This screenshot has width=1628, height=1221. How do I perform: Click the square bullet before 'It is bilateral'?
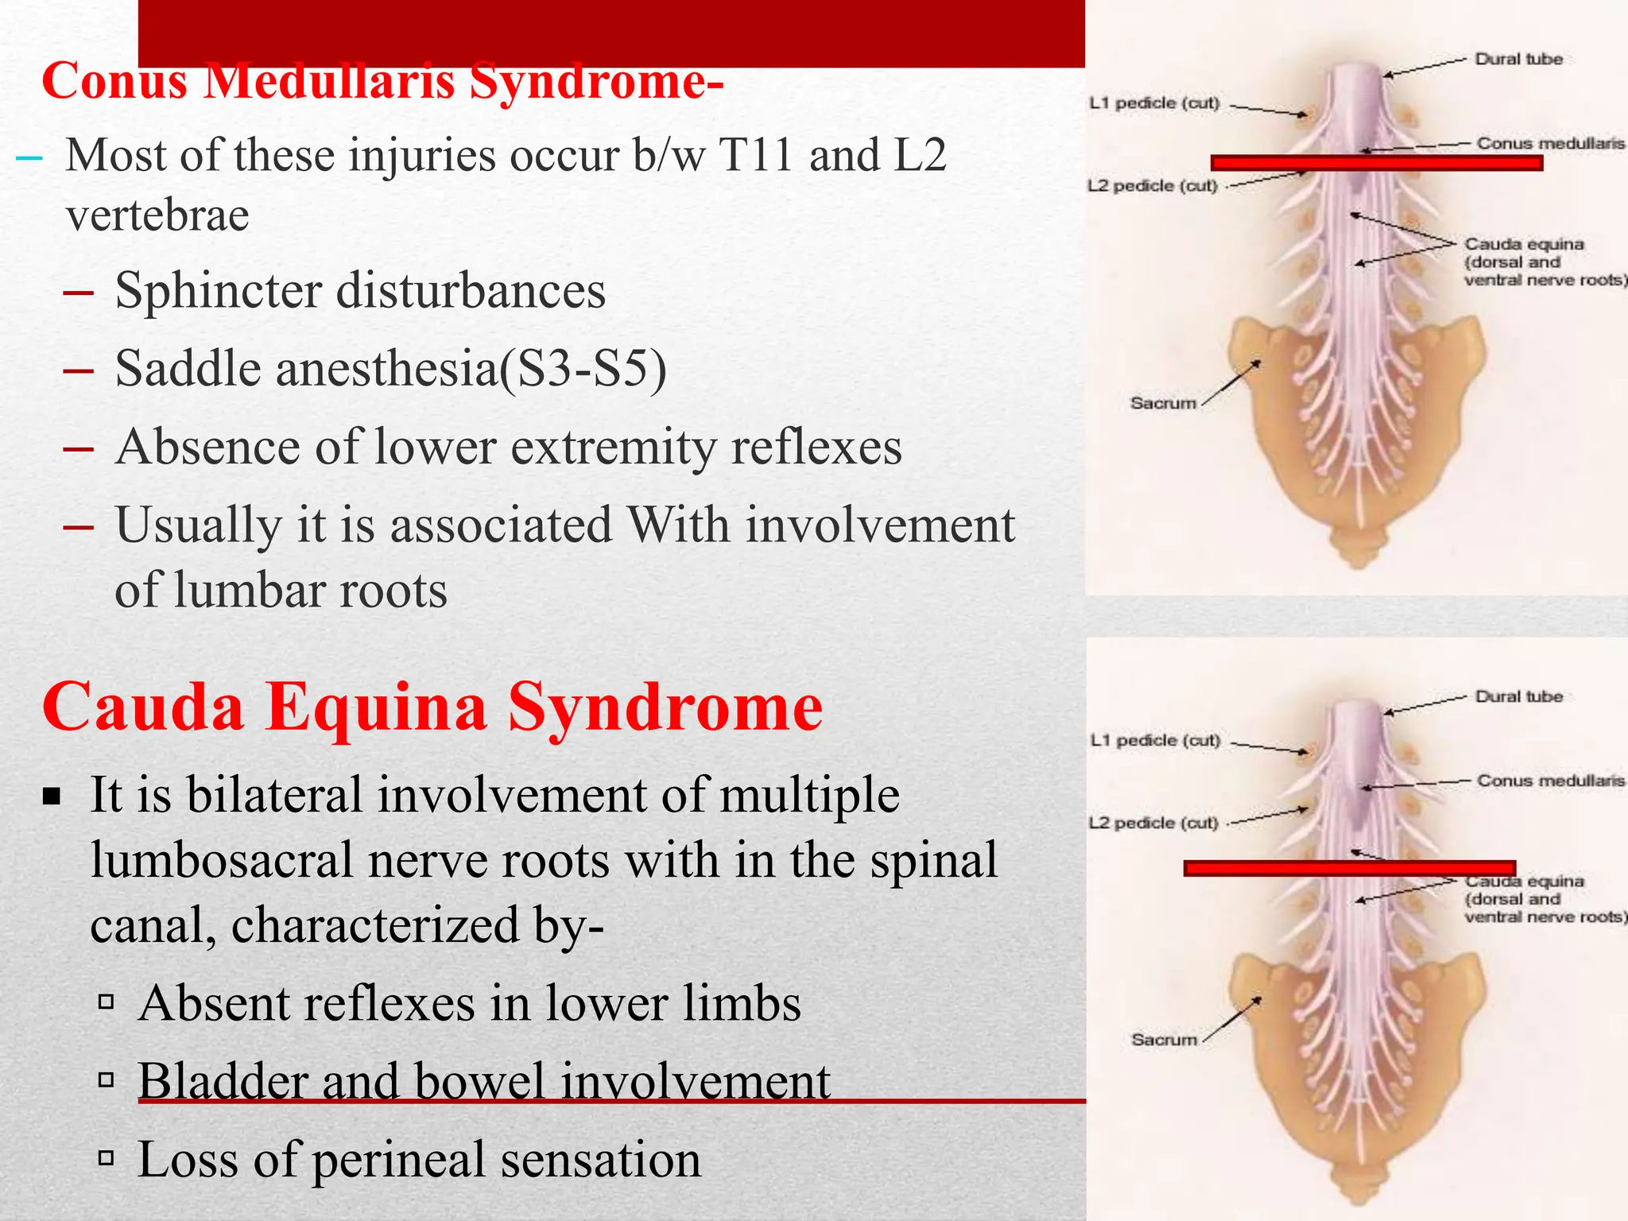click(52, 796)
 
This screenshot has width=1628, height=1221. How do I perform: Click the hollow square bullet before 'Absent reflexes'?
click(107, 1002)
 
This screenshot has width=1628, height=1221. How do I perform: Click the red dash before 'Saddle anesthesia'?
click(78, 370)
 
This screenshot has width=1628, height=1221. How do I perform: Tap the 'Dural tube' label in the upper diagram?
click(1518, 60)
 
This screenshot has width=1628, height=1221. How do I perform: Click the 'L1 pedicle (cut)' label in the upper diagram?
click(1154, 103)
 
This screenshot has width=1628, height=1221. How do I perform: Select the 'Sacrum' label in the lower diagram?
click(1164, 1040)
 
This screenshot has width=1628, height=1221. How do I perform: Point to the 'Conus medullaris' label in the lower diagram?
click(1550, 781)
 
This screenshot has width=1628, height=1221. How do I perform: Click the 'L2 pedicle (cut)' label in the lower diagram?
click(1153, 824)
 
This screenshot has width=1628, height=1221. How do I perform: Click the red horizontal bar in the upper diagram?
click(1376, 163)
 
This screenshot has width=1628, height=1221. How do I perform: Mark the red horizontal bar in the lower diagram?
click(1349, 868)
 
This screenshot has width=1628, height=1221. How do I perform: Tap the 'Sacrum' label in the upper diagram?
click(1163, 403)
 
